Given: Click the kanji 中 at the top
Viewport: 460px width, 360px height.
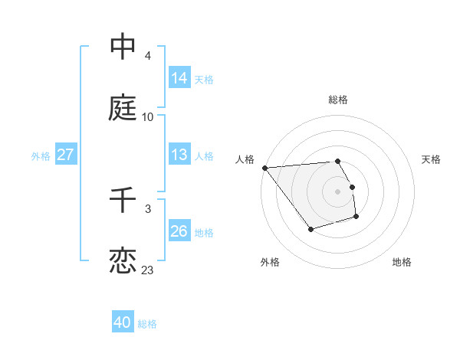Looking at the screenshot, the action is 123,47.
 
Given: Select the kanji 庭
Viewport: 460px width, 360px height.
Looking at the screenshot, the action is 123,108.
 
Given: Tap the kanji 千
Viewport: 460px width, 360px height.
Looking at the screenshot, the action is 123,200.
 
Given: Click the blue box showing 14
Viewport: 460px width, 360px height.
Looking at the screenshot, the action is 179,77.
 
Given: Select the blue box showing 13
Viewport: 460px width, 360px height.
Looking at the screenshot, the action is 179,155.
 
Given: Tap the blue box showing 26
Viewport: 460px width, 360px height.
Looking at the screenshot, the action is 179,231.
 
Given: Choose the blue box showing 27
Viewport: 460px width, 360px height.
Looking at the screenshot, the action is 65,155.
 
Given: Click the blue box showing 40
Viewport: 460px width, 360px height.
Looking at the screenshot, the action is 123,322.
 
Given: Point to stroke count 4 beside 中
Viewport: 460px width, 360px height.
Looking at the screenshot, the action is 148,56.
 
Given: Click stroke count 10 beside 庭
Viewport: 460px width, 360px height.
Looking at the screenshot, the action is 148,117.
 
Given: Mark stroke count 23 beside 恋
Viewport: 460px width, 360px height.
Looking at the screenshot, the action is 148,270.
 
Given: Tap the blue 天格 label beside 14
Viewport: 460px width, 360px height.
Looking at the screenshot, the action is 204,79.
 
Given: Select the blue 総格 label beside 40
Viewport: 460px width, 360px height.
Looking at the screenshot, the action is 147,324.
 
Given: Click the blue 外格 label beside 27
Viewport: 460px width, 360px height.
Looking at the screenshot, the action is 41,156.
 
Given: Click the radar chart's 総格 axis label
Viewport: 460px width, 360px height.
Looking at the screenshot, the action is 338,100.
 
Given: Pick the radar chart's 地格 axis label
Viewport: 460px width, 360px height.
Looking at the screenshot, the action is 402,263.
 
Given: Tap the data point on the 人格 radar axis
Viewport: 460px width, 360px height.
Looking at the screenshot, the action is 264,168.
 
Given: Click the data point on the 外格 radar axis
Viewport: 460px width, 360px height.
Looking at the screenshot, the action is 310,229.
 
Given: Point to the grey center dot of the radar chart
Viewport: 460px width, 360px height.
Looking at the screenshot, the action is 338,191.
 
